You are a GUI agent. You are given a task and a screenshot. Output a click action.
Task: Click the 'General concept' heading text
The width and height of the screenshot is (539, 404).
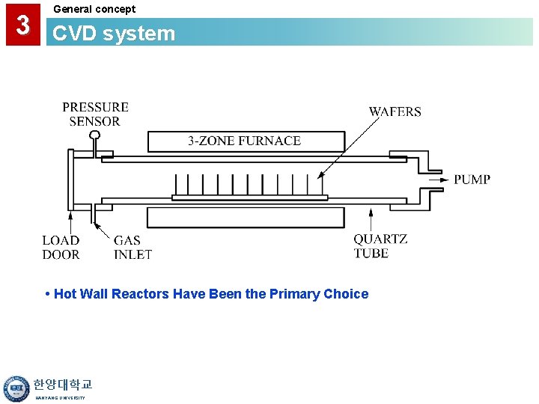click(94, 9)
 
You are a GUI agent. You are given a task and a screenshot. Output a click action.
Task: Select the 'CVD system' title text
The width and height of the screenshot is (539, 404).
click(114, 34)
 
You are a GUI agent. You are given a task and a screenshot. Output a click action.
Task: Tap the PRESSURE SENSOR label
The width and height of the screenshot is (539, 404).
click(95, 114)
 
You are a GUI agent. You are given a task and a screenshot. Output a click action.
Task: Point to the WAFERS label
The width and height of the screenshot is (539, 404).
click(395, 111)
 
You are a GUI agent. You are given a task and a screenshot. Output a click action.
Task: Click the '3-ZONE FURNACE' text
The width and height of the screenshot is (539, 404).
click(244, 141)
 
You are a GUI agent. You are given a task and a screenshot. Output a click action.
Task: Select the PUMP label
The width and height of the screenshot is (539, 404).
click(472, 180)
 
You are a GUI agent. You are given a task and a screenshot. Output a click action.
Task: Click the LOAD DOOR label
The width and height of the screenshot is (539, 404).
click(61, 247)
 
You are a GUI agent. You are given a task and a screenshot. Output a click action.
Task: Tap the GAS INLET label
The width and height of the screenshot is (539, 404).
click(133, 247)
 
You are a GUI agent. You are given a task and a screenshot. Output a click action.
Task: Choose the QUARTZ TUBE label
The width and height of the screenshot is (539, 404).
click(380, 246)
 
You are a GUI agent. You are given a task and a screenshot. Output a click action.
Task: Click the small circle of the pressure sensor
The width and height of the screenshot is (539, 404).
click(94, 135)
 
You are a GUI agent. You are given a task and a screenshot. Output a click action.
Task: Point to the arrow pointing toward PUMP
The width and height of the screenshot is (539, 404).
click(439, 180)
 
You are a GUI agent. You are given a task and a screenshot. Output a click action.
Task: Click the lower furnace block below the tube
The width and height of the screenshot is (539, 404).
click(246, 218)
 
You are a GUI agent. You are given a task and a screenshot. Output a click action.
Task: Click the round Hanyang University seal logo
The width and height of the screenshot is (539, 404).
click(16, 388)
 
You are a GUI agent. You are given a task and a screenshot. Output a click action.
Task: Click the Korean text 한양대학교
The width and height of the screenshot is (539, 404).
click(63, 385)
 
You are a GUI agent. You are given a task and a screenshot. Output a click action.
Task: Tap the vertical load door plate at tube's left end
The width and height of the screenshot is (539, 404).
click(70, 180)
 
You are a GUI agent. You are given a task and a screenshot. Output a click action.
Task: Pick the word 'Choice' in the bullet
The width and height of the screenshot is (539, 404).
click(346, 294)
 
